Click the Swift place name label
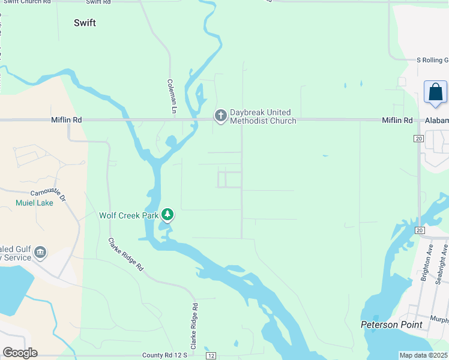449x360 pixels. pos(85,23)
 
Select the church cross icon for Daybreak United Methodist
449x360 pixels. pos(220,115)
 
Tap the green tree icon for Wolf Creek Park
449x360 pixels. pos(168,215)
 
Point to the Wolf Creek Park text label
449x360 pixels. pos(129,215)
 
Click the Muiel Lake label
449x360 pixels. pos(34,203)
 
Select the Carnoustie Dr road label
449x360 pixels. pos(50,193)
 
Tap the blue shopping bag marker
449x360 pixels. pos(435,92)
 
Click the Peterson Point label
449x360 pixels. pos(391,325)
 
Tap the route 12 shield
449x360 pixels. pos(211,356)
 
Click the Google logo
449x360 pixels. pos(19,353)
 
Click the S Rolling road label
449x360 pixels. pos(432,60)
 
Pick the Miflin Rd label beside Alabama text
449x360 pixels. pos(397,121)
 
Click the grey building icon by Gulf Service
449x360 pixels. pos(40,251)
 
